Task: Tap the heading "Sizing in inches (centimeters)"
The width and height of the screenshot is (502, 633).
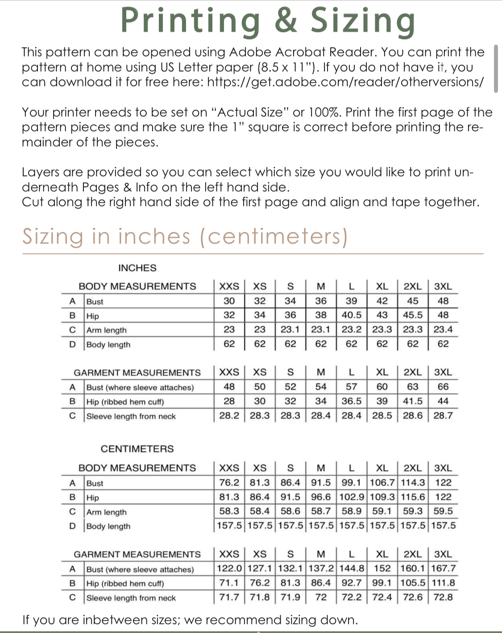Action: pyautogui.click(x=185, y=236)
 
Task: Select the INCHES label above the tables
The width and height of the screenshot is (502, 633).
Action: pyautogui.click(x=137, y=268)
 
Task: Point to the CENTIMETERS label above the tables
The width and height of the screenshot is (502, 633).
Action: pyautogui.click(x=137, y=449)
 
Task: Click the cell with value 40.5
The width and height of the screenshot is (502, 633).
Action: pyautogui.click(x=352, y=315)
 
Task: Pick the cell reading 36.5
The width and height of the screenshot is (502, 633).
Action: pyautogui.click(x=352, y=401)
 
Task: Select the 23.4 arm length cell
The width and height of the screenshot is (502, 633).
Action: pyautogui.click(x=443, y=330)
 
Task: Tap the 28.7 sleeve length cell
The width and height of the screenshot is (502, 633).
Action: pyautogui.click(x=443, y=416)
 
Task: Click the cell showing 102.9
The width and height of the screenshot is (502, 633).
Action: pyautogui.click(x=352, y=497)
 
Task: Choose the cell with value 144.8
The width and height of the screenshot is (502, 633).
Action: pyautogui.click(x=352, y=568)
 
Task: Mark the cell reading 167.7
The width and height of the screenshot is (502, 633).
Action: pyautogui.click(x=443, y=568)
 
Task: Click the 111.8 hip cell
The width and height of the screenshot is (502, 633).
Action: pyautogui.click(x=443, y=583)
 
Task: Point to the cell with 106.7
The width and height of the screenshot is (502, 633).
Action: pyautogui.click(x=382, y=483)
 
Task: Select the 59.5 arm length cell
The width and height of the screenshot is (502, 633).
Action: pyautogui.click(x=443, y=511)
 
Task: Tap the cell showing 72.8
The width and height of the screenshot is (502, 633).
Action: pyautogui.click(x=443, y=597)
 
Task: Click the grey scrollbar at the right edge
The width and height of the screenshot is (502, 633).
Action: pyautogui.click(x=496, y=68)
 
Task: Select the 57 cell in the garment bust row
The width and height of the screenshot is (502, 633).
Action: pyautogui.click(x=352, y=387)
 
